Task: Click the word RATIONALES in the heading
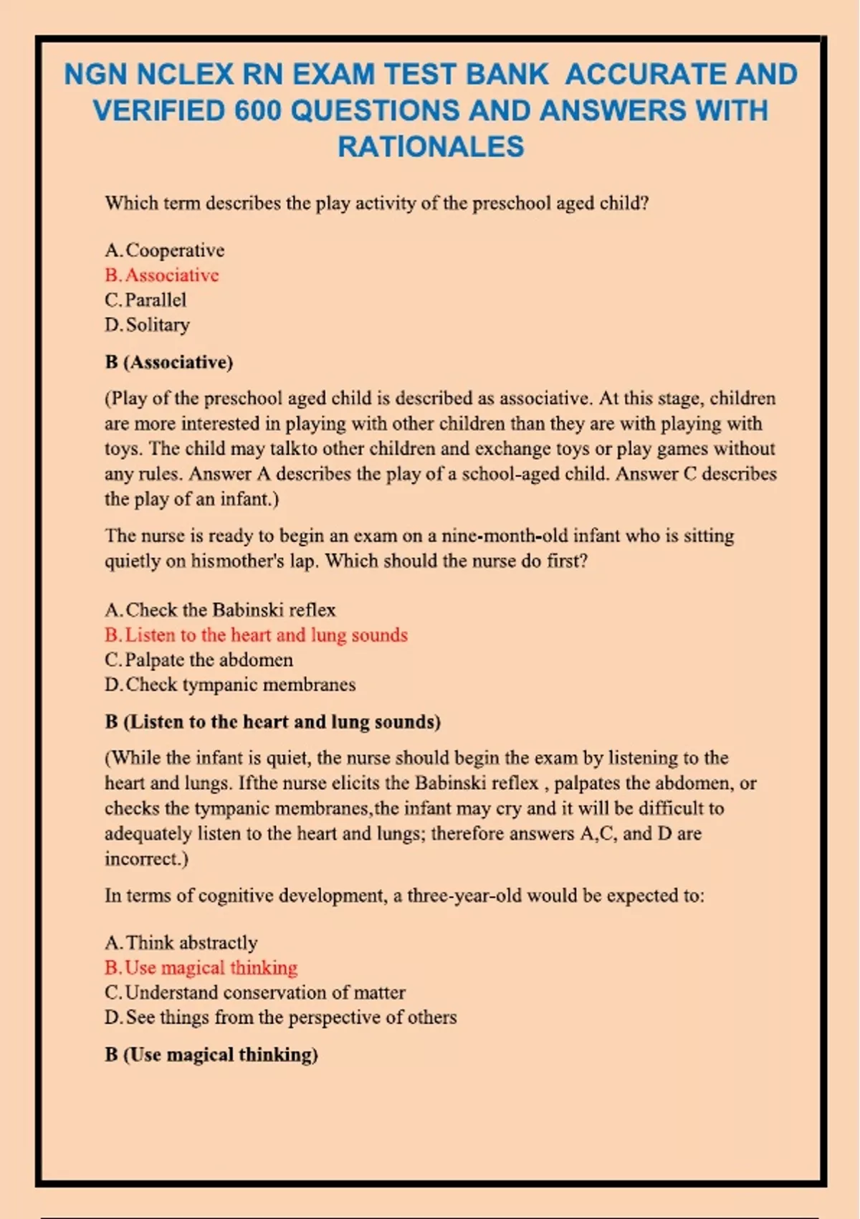(431, 147)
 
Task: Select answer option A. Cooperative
(164, 250)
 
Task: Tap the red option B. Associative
(162, 275)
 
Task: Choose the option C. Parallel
(145, 300)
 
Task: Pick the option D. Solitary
(148, 325)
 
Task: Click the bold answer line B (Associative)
(169, 362)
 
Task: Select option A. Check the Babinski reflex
(220, 610)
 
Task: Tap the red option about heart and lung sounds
(256, 635)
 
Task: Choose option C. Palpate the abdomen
(199, 660)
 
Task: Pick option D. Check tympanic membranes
(230, 685)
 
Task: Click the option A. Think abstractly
(181, 943)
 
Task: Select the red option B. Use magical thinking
(201, 968)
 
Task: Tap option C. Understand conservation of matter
(255, 992)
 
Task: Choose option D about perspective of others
(280, 1018)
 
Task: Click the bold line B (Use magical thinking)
(211, 1055)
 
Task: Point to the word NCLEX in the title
(185, 75)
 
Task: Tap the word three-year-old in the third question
(464, 896)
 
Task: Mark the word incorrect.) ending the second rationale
(146, 859)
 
